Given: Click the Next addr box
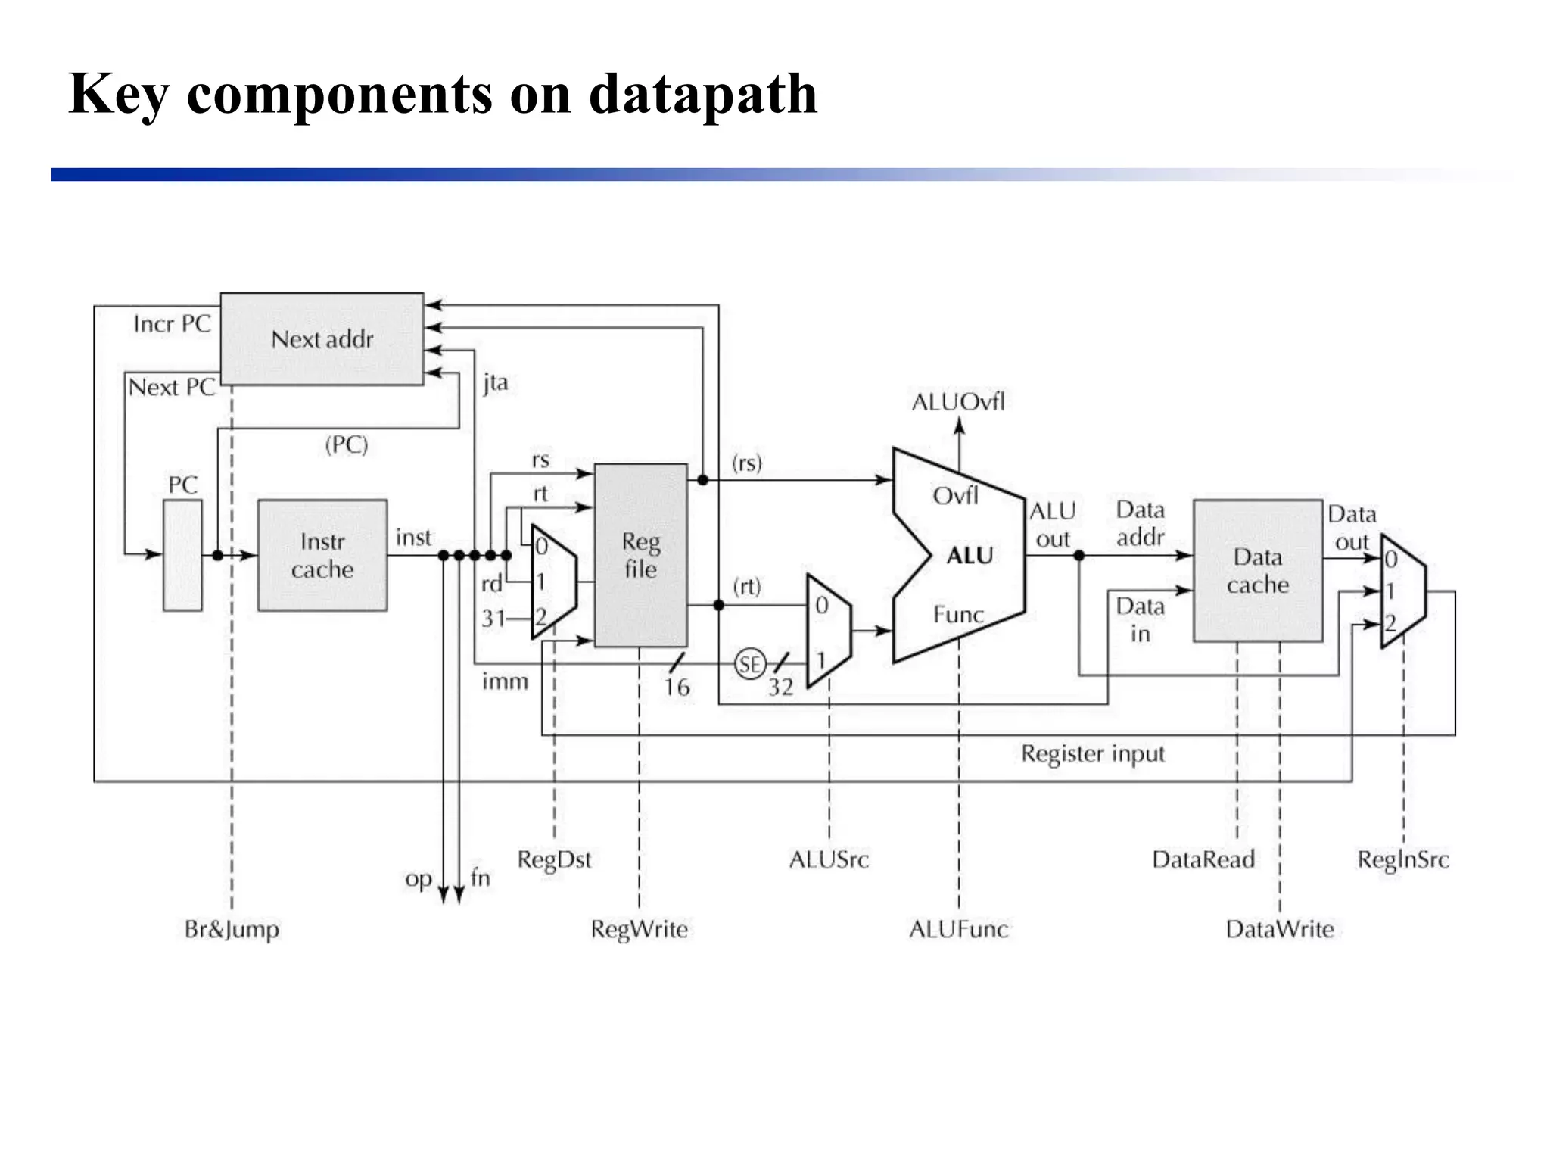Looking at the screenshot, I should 322,338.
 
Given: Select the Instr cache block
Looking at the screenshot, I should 322,555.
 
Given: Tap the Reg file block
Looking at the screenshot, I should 640,555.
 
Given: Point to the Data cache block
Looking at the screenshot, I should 1257,570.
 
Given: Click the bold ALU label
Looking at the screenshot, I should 969,556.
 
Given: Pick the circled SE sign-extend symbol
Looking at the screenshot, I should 749,664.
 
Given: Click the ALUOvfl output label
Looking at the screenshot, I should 958,402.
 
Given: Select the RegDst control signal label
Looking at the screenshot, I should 554,860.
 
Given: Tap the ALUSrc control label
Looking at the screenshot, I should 829,859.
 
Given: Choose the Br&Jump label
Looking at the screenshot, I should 232,929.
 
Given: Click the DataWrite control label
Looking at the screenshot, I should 1280,929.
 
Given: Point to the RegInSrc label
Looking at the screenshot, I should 1402,859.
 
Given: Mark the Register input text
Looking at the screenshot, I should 1092,754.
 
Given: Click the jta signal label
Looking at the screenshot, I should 496,383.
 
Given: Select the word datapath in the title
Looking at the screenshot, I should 703,94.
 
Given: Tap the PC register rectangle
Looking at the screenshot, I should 183,555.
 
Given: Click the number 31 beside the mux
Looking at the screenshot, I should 493,619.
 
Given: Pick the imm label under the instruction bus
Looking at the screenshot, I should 505,681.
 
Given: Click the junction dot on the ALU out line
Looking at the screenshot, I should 1079,556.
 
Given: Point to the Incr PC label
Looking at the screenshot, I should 172,324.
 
